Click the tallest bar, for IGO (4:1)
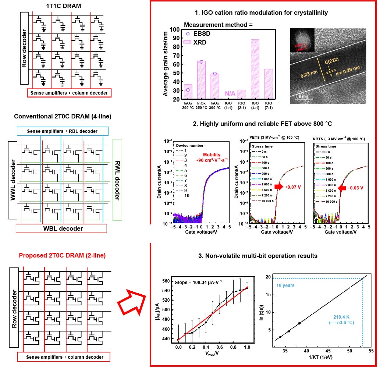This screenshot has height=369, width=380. (x=255, y=69)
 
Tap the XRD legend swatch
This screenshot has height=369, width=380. (x=188, y=43)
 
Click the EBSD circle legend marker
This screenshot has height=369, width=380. (x=188, y=34)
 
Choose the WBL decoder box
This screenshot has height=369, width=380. (x=61, y=228)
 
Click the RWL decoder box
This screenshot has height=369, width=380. (x=117, y=180)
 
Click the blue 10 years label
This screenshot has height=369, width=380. (x=286, y=285)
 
